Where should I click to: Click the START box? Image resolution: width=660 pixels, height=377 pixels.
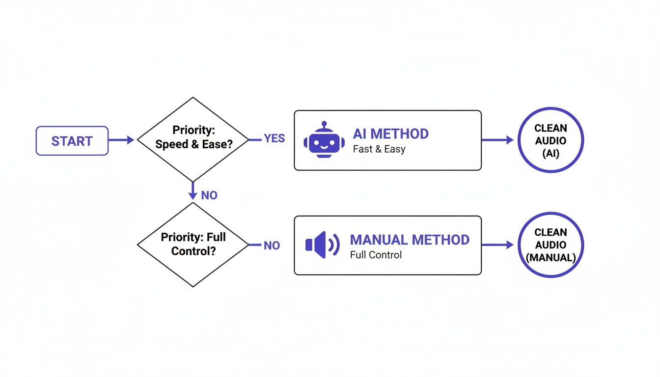point(72,141)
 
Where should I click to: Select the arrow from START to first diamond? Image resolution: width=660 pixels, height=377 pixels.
point(121,140)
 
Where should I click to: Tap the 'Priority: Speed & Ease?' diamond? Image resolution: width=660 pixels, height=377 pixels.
point(192,139)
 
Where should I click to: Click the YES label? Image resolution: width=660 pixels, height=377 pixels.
point(274,139)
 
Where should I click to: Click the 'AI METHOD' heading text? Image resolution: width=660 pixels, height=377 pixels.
point(390,134)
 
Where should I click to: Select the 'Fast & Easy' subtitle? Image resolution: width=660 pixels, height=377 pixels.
point(379,149)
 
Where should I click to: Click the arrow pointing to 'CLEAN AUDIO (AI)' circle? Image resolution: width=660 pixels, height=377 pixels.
point(497,140)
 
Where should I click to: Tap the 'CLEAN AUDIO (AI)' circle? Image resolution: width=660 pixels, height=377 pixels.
point(550,140)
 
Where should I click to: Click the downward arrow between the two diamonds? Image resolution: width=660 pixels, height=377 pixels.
point(192,190)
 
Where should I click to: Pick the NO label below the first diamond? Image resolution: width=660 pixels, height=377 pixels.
point(209,195)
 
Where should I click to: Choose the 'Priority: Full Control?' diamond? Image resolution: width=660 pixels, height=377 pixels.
point(192,244)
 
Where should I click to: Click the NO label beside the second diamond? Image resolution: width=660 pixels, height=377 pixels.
point(272,245)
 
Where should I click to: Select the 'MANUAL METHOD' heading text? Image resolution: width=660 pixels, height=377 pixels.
point(410,240)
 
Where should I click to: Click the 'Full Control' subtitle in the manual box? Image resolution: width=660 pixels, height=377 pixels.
point(376,255)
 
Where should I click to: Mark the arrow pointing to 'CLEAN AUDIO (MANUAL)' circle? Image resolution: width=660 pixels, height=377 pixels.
point(497,245)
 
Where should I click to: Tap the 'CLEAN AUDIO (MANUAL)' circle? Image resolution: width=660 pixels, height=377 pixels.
point(550,245)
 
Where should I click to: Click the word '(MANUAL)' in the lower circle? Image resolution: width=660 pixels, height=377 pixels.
point(550,257)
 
